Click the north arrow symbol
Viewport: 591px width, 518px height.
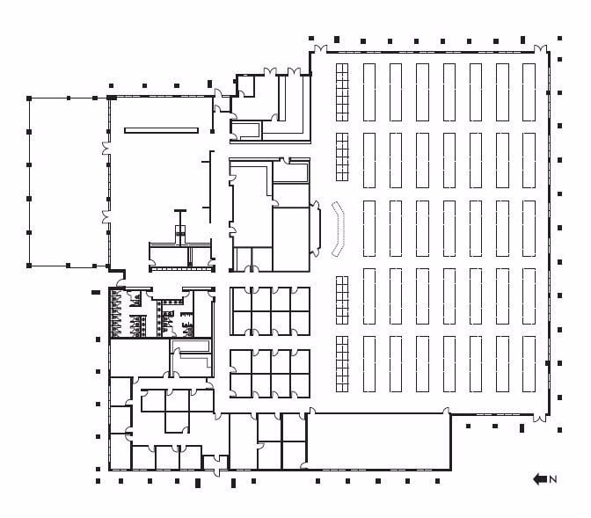539,479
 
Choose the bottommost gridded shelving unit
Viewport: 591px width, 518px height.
343,363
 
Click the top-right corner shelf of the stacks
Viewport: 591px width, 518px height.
529,90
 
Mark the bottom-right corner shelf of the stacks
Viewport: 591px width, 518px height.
529,363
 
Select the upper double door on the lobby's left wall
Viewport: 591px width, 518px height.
107,147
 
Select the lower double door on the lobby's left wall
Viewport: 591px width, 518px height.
107,217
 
